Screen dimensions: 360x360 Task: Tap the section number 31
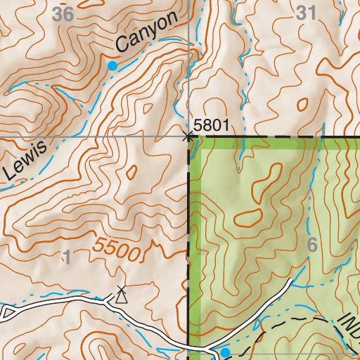coord(307,13)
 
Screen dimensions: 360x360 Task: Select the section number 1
coord(67,257)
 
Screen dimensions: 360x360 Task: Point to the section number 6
coord(313,245)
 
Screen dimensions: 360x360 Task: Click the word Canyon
coord(146,33)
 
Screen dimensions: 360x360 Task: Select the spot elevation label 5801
coord(212,125)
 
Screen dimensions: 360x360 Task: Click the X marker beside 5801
coord(188,134)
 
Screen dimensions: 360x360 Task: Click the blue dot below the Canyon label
coord(112,65)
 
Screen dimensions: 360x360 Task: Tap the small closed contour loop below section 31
coord(302,103)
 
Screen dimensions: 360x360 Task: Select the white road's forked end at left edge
coord(4,310)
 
